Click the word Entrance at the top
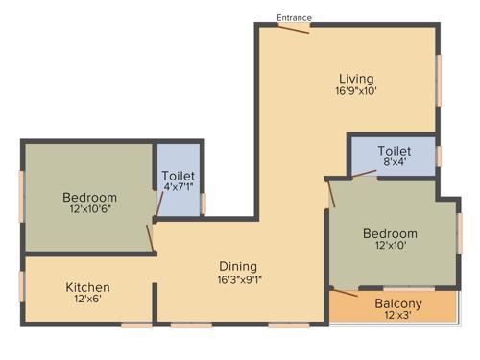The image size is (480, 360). tap(294, 17)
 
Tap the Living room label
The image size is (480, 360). tap(355, 78)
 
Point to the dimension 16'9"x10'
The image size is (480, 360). tap(355, 91)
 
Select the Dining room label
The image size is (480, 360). tap(238, 266)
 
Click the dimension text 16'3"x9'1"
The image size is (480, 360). tap(238, 280)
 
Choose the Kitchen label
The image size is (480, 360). tap(87, 287)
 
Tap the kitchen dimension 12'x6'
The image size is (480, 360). tap(87, 300)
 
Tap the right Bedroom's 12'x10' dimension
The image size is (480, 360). tap(390, 247)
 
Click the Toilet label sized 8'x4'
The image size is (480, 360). tap(395, 151)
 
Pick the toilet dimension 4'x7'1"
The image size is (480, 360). tap(179, 189)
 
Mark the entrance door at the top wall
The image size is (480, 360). tap(294, 28)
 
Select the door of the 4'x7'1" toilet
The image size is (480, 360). tap(157, 203)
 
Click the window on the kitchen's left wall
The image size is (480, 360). tap(22, 287)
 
